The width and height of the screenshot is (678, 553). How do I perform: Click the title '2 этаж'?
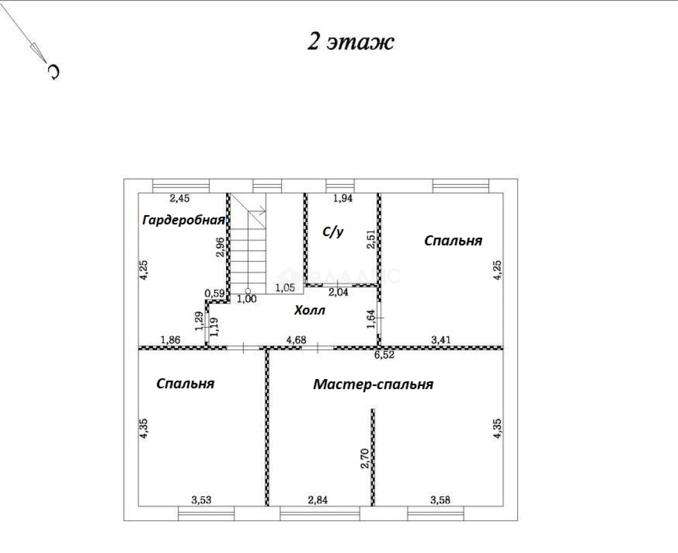pos(351,42)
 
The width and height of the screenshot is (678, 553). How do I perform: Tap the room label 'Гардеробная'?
pos(183,220)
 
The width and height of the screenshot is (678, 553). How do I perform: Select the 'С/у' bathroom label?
pos(333,232)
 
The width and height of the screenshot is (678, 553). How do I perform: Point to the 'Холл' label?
pos(310,310)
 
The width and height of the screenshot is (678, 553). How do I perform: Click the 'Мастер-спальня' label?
pos(373,384)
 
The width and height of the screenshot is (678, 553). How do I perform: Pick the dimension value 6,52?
pos(384,355)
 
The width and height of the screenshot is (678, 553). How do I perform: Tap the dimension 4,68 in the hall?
pos(296,340)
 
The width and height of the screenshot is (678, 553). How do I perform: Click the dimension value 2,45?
pos(180,198)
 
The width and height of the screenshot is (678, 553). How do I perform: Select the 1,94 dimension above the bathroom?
pos(343,198)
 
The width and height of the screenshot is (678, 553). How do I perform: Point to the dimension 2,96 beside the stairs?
pos(220,247)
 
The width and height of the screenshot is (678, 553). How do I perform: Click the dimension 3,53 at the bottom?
pos(201,500)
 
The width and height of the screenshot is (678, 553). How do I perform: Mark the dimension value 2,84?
pos(317,500)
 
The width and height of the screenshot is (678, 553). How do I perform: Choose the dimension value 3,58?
pos(440,500)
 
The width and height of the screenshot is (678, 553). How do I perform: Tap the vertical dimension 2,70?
pos(365,458)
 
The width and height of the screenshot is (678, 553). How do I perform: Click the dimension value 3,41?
pos(441,340)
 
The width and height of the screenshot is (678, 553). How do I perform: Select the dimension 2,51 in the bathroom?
pos(371,239)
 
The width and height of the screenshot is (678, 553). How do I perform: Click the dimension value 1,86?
pos(170,340)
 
